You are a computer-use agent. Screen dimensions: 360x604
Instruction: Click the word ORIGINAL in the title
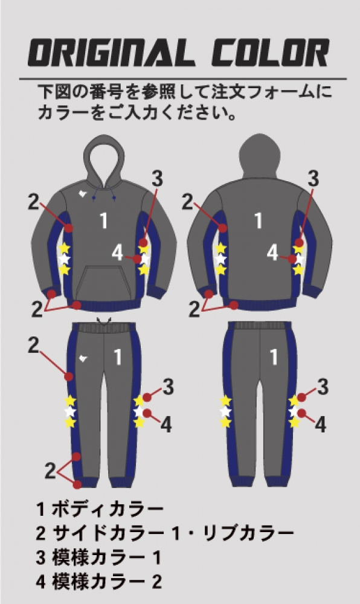click(111, 53)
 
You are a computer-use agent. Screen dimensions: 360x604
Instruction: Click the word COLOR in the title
click(270, 53)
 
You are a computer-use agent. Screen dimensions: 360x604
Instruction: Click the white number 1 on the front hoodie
click(103, 220)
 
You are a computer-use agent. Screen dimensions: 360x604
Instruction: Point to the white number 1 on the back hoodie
click(259, 220)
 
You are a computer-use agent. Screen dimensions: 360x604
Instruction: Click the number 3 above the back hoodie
click(313, 179)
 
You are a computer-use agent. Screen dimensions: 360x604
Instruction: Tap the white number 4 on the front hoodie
click(117, 252)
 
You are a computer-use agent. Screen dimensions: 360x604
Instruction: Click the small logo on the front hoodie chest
click(82, 193)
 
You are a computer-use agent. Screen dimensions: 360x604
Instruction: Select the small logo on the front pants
click(83, 359)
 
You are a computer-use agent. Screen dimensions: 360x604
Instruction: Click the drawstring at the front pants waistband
click(103, 321)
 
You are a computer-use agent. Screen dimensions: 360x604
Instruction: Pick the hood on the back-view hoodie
click(260, 156)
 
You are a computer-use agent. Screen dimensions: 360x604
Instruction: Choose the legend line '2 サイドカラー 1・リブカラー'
click(165, 533)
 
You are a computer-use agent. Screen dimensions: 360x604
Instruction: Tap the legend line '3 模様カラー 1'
click(98, 557)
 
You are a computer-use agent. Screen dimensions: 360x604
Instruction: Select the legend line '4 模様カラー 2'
click(99, 581)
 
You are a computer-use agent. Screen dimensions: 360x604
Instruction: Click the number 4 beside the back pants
click(320, 425)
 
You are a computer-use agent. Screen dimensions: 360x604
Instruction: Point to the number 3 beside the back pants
click(323, 387)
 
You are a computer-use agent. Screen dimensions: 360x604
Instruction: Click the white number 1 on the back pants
click(274, 357)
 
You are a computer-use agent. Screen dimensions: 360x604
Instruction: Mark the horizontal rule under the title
click(183, 79)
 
